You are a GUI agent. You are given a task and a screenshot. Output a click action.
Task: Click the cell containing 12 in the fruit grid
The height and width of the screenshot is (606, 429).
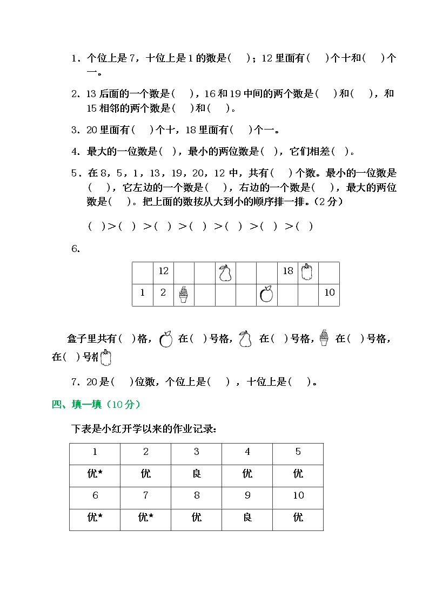(163, 271)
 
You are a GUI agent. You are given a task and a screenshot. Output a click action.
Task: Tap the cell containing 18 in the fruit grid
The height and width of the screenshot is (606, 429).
(288, 271)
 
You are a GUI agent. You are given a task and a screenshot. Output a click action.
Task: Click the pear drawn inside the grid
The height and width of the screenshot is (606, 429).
(225, 273)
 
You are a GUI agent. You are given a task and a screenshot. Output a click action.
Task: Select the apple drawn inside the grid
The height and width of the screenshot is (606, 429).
(266, 294)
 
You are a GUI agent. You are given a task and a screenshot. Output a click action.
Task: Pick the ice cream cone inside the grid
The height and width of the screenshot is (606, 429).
(184, 294)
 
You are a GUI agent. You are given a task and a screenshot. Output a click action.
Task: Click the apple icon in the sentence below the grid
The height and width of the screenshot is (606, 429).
(166, 339)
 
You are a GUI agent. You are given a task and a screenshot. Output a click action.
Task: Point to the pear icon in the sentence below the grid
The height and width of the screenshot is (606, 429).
(246, 339)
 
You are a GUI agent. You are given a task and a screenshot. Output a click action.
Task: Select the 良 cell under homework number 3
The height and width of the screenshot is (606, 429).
(197, 474)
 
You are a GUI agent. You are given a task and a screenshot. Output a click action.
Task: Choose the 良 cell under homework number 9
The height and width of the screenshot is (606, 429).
(247, 518)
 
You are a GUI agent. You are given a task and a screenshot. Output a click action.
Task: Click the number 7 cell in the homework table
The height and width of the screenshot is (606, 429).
(146, 495)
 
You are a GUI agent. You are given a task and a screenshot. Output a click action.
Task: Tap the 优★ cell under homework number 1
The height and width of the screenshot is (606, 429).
(95, 474)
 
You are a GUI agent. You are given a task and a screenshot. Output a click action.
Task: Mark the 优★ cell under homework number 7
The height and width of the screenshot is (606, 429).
(146, 518)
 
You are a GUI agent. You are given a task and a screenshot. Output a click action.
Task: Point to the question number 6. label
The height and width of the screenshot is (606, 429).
(76, 249)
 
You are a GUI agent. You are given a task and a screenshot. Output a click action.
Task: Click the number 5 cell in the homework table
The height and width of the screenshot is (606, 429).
(298, 452)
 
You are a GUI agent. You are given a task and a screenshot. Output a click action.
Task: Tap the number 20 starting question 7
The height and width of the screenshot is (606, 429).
(91, 382)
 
